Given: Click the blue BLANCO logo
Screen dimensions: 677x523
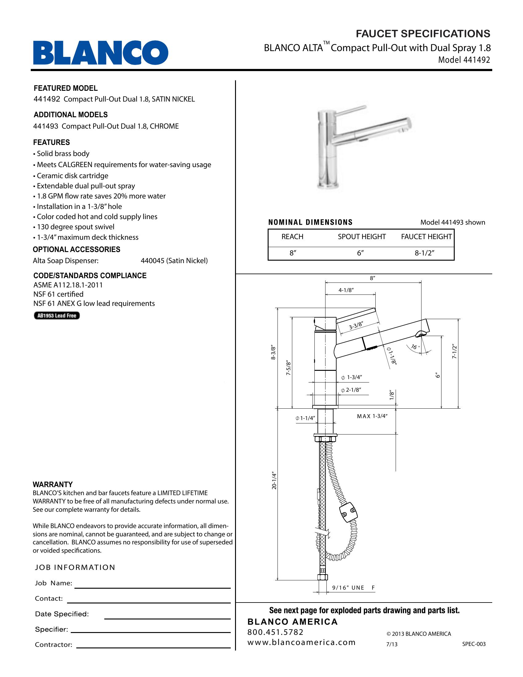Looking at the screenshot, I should pyautogui.click(x=101, y=52).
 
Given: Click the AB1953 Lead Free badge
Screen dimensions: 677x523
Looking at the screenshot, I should pyautogui.click(x=57, y=315).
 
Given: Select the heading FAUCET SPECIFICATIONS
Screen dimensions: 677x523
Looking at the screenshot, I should pyautogui.click(x=423, y=34).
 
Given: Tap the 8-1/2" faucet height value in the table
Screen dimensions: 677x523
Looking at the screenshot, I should pyautogui.click(x=425, y=253).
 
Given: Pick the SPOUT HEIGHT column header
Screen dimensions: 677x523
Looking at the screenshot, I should pyautogui.click(x=361, y=237).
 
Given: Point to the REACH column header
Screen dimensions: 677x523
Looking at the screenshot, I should pyautogui.click(x=292, y=237).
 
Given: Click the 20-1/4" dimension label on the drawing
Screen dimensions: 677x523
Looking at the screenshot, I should pyautogui.click(x=273, y=480).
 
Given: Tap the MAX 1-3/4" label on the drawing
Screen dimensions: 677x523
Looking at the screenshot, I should pyautogui.click(x=372, y=416).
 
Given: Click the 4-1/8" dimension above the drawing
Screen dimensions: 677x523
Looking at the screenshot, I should pyautogui.click(x=346, y=290).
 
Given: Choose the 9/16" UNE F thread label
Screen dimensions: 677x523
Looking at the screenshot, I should pyautogui.click(x=353, y=587).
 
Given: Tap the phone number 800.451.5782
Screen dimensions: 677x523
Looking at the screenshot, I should pyautogui.click(x=275, y=632).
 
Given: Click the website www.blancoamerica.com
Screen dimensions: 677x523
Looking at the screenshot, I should pyautogui.click(x=301, y=642).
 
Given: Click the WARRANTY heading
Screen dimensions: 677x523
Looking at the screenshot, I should pyautogui.click(x=53, y=484).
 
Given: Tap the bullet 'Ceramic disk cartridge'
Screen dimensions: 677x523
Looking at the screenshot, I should pyautogui.click(x=73, y=176).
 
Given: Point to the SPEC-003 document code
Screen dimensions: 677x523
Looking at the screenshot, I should pyautogui.click(x=474, y=644).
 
